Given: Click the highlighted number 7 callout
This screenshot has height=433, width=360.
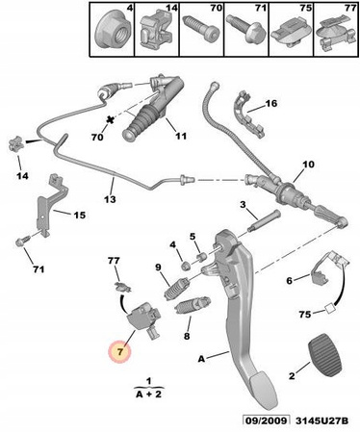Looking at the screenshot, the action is [120, 351].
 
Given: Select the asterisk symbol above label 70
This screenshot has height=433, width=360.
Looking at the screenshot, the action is [111, 120].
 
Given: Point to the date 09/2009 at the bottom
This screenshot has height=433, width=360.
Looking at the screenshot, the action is [266, 420].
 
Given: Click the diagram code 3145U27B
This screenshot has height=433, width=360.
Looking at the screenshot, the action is [321, 420].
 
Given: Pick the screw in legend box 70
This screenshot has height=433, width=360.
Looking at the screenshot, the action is [201, 28].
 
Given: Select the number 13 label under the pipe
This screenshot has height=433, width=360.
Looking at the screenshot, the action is [110, 199].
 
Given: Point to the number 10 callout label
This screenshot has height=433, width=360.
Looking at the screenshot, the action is [308, 165].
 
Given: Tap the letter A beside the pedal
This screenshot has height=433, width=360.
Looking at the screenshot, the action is [201, 359].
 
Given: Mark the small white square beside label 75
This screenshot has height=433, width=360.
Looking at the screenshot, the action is [330, 309].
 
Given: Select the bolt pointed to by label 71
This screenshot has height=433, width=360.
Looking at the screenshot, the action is [23, 242].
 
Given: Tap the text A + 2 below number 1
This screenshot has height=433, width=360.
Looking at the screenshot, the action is [149, 395].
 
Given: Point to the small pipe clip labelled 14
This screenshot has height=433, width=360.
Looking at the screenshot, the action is [16, 144].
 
